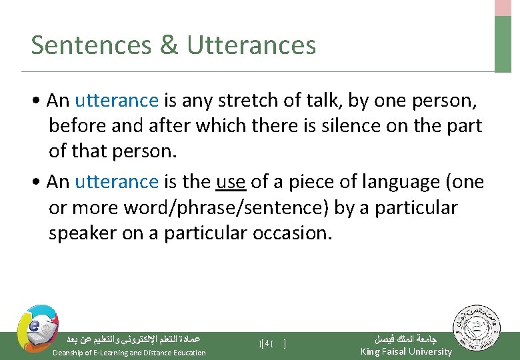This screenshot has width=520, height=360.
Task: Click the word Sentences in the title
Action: coord(91,45)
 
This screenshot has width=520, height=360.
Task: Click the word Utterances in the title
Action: coord(251,45)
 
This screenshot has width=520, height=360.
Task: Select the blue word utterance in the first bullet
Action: coord(117,101)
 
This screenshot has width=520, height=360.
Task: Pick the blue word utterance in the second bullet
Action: coord(117,182)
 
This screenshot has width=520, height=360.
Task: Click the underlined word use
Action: coord(231,182)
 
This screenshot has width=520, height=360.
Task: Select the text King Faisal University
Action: coord(405,351)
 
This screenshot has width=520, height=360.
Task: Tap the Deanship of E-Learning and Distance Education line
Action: coord(129,353)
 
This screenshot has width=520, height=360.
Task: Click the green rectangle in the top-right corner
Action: coord(503,43)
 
